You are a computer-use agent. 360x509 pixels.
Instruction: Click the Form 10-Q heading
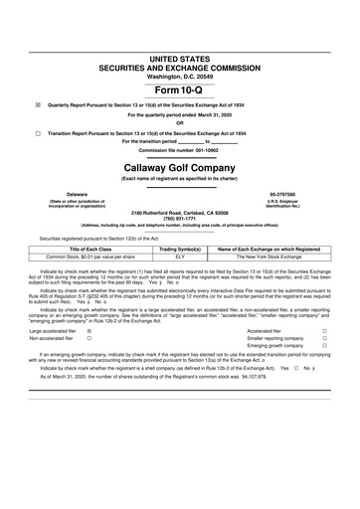(180, 61)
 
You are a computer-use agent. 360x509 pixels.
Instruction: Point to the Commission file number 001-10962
(180, 150)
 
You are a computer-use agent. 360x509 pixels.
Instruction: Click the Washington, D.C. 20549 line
(180, 46)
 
